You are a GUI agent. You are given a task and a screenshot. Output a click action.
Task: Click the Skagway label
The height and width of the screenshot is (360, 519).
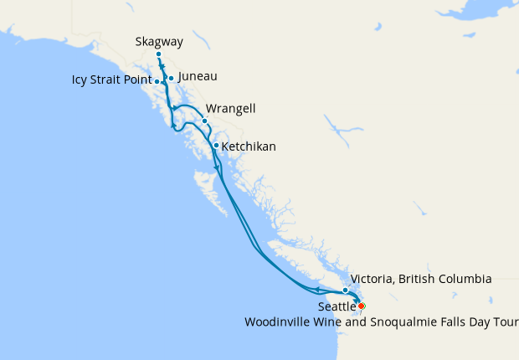coord(159,41)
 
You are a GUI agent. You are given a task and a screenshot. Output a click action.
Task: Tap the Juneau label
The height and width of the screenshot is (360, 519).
coord(198,76)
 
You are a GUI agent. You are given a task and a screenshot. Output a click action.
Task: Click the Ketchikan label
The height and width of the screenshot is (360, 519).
coord(249,147)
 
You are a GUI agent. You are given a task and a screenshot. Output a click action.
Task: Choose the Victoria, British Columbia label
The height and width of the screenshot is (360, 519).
coord(421,279)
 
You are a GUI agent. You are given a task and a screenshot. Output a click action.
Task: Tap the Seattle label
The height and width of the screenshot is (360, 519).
coord(337,307)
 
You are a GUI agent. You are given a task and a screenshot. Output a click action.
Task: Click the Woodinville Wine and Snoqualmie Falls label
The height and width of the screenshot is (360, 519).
coord(381,321)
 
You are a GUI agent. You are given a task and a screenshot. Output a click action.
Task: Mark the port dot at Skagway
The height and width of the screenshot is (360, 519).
coord(158,54)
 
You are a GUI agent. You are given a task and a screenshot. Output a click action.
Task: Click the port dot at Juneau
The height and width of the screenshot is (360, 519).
coord(171,79)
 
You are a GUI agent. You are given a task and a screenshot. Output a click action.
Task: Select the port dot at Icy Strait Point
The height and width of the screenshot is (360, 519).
coord(157,81)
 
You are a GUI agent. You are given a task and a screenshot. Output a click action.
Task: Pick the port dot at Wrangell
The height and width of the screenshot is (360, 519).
coord(204,121)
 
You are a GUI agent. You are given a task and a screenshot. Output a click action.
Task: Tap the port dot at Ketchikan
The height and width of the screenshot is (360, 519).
coord(216,146)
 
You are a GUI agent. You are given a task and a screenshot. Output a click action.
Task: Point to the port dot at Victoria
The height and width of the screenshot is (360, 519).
coord(345,290)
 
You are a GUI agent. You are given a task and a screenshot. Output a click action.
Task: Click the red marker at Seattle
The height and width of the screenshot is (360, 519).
coord(361,306)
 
